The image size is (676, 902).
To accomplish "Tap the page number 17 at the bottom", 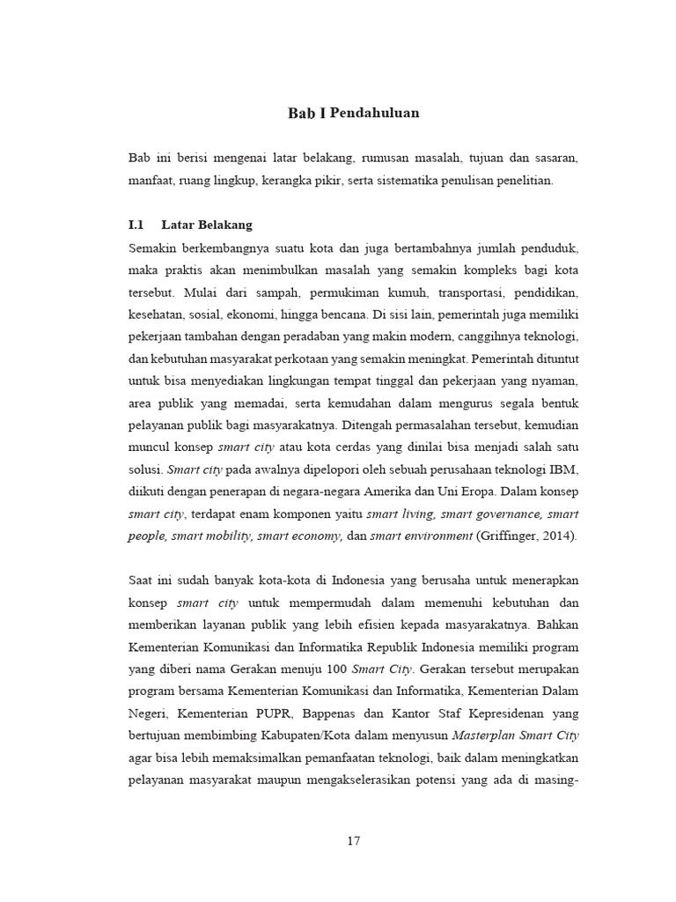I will click(x=353, y=840).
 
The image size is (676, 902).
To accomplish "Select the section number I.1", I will click(x=136, y=225).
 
